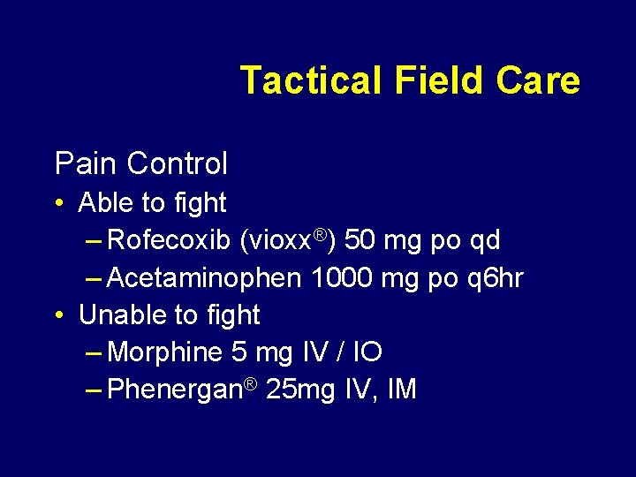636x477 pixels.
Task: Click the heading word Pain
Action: [86, 163]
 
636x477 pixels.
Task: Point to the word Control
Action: [177, 163]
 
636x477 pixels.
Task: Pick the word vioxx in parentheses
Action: [281, 240]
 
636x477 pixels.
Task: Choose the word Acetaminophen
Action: [204, 278]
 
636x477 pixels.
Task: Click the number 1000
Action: [343, 278]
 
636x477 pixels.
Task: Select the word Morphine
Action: [164, 352]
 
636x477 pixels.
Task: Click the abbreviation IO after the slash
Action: [367, 352]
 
